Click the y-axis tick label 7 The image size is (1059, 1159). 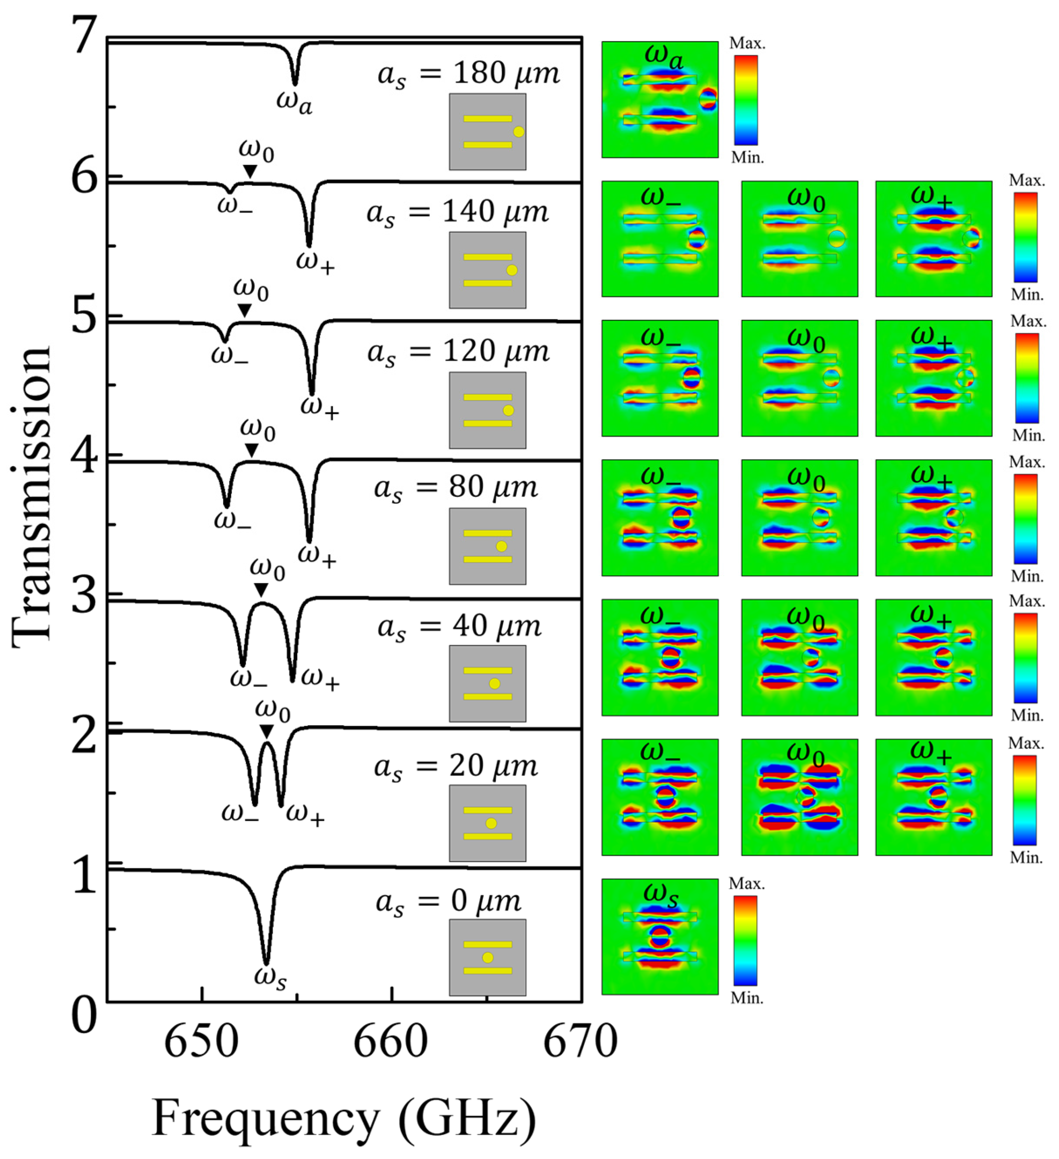pos(85,36)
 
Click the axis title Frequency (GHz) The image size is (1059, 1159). pos(344,1118)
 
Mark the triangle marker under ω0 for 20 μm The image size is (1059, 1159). pos(266,731)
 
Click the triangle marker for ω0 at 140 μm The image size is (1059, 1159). pos(250,171)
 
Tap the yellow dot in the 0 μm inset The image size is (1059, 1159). pos(488,958)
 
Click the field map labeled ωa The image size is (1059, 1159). pos(659,100)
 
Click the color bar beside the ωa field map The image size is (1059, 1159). pos(746,100)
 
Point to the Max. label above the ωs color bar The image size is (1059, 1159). pos(746,883)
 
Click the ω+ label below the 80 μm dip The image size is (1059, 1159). pos(317,557)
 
